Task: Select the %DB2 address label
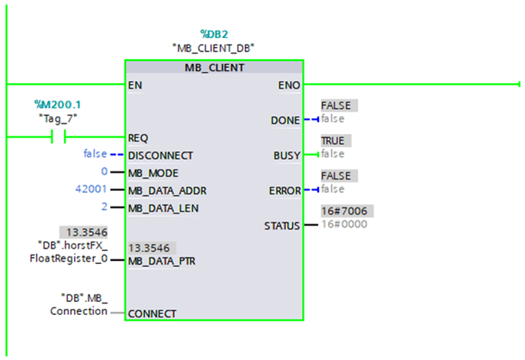click(214, 34)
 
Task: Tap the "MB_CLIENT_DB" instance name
click(214, 47)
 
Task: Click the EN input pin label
click(135, 85)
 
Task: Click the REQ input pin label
click(138, 138)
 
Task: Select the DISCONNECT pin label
click(161, 155)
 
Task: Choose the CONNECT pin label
click(153, 313)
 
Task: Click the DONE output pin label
click(285, 121)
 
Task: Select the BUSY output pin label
click(287, 155)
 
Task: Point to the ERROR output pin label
click(284, 190)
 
